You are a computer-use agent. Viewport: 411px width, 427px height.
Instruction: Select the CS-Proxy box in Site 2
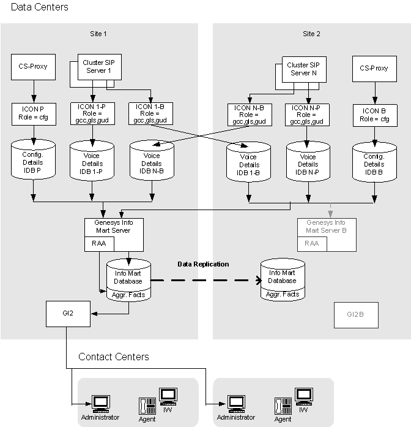(374, 69)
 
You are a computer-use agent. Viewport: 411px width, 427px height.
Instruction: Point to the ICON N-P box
(306, 115)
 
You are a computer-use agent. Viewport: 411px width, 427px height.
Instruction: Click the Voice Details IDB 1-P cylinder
(92, 161)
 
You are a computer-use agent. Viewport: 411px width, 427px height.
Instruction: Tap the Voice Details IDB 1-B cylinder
(248, 162)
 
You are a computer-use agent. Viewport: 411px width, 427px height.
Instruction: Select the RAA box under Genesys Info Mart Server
(98, 244)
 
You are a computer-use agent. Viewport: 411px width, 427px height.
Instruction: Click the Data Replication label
(203, 264)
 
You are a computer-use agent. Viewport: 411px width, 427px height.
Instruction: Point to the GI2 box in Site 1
(68, 313)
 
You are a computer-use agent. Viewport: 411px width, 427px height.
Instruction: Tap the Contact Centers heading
(113, 357)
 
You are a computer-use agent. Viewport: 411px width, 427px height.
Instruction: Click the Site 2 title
(311, 34)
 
